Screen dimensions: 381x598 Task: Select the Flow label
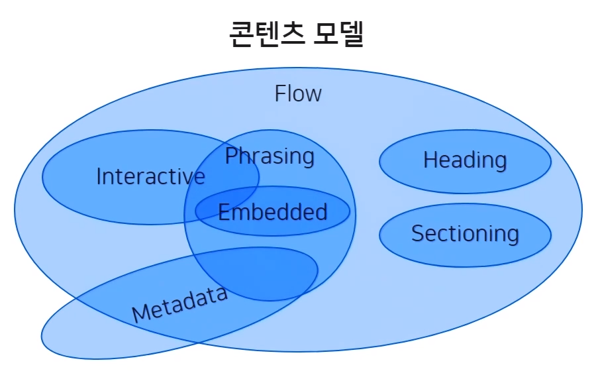(x=298, y=93)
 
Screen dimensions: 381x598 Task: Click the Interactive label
(x=150, y=176)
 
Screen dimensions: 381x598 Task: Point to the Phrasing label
(x=270, y=156)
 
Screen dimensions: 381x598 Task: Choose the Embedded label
(x=272, y=212)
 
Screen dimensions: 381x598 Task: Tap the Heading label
(x=465, y=160)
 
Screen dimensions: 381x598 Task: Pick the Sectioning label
(x=465, y=233)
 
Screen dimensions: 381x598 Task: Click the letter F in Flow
(x=280, y=93)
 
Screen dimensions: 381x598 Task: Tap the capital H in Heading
(x=430, y=160)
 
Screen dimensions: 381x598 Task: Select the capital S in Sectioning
(x=418, y=233)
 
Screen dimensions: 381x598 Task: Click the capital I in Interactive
(x=99, y=176)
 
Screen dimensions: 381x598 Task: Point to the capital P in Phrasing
(x=231, y=156)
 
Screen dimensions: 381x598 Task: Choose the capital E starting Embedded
(x=224, y=212)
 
